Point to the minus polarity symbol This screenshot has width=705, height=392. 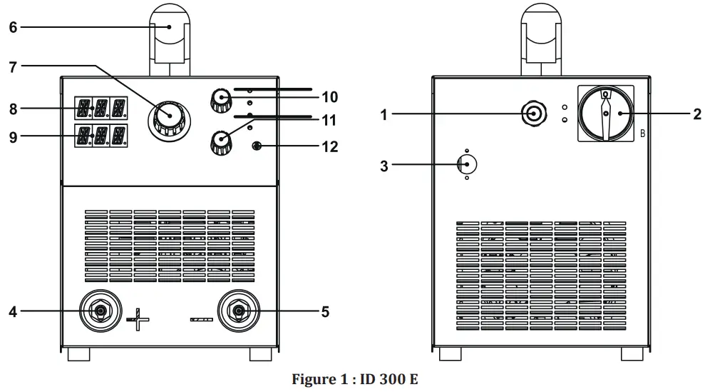coord(202,319)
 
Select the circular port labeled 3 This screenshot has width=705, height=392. coord(465,164)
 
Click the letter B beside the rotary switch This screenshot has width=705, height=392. coord(642,134)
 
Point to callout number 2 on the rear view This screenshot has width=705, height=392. coord(696,114)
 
